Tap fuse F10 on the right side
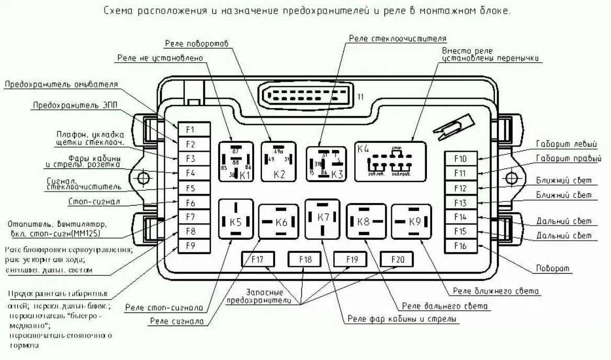click(x=460, y=159)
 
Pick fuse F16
click(x=460, y=246)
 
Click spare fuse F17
click(x=257, y=259)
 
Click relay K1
click(x=236, y=162)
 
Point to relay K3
click(x=326, y=164)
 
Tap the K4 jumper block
click(x=390, y=161)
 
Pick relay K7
click(x=323, y=218)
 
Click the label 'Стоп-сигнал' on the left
click(x=95, y=201)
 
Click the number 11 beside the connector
click(x=360, y=97)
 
